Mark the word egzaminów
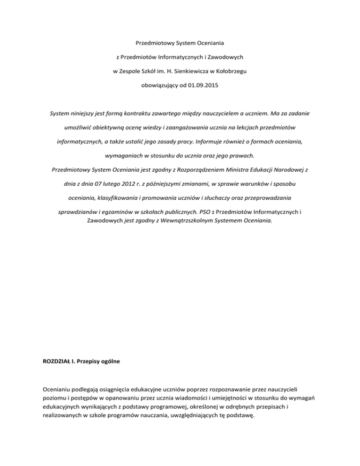[132, 211]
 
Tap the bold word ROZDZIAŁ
[52, 361]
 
